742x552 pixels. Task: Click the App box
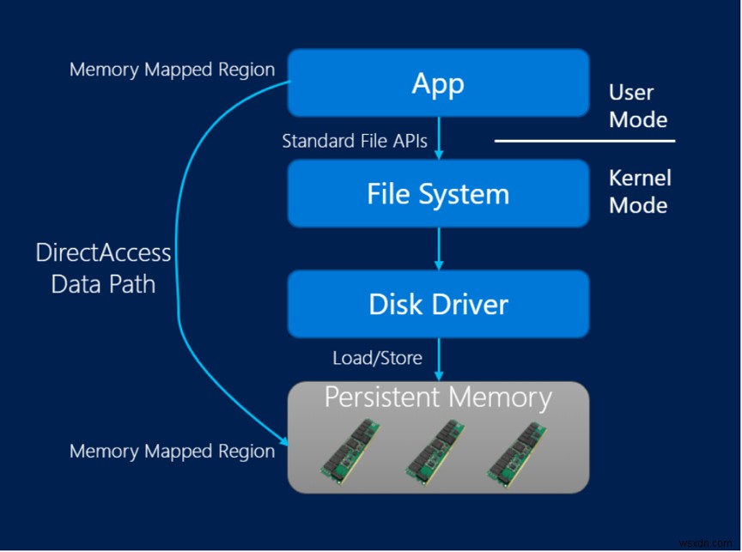(x=438, y=82)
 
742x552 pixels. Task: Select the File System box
(x=438, y=194)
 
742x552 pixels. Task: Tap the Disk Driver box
(x=438, y=304)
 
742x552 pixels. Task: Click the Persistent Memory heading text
(x=438, y=397)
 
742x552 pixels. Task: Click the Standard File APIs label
(x=355, y=141)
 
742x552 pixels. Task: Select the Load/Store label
(x=377, y=358)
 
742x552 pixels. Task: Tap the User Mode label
(x=637, y=106)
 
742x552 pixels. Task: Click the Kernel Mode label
(x=639, y=191)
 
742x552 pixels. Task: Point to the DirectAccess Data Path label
(x=103, y=268)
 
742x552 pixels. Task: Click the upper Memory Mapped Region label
(x=172, y=70)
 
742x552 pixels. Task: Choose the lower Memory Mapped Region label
(x=172, y=451)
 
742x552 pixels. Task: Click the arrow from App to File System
(x=439, y=137)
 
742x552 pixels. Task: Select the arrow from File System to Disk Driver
(x=439, y=248)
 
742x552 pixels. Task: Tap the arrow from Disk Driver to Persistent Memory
(x=439, y=359)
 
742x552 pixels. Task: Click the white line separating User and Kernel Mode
(x=585, y=141)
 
